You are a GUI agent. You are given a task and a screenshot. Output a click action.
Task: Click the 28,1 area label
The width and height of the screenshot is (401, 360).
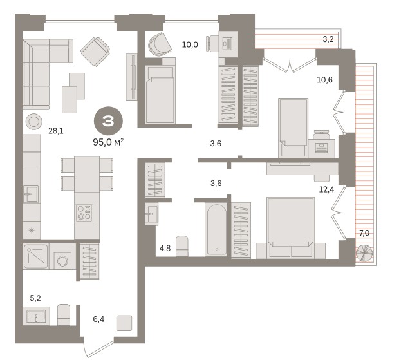point(56,131)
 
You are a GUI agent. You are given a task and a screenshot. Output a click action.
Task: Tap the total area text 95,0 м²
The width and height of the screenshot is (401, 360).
point(108,142)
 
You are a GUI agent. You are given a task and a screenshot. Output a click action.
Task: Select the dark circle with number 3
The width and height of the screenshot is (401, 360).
point(108,121)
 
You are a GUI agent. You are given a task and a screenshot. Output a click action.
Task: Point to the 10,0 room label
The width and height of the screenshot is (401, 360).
point(190,44)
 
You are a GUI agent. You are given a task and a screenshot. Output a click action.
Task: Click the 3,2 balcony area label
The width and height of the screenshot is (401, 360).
point(328,39)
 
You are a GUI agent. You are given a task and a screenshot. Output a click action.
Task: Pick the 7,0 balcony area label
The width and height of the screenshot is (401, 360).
point(364,233)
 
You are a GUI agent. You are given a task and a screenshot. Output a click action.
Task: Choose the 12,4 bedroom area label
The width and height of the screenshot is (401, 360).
point(326,189)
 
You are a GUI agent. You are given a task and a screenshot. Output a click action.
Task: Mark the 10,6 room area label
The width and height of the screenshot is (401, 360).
point(324,80)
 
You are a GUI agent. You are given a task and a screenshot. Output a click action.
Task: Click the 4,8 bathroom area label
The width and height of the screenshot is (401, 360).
point(165,248)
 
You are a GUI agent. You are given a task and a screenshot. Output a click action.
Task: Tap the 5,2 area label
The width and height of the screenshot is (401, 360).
point(35,298)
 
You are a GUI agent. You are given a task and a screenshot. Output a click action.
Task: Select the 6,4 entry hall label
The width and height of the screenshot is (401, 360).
point(98,319)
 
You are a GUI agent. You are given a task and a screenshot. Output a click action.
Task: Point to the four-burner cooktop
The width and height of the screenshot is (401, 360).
point(84,213)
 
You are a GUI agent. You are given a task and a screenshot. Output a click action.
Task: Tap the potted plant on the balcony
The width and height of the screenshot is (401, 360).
point(364,253)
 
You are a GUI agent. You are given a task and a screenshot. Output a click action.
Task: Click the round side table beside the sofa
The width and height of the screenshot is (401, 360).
point(33,122)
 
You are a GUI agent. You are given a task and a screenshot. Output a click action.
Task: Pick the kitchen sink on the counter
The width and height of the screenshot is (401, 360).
point(32,194)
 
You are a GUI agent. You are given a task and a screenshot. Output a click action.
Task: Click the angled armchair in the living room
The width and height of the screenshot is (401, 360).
point(95,52)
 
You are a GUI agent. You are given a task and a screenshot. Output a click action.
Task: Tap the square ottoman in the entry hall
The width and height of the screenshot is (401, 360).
point(124,323)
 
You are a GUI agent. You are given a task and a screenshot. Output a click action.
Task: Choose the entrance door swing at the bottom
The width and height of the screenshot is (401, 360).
point(98,348)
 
